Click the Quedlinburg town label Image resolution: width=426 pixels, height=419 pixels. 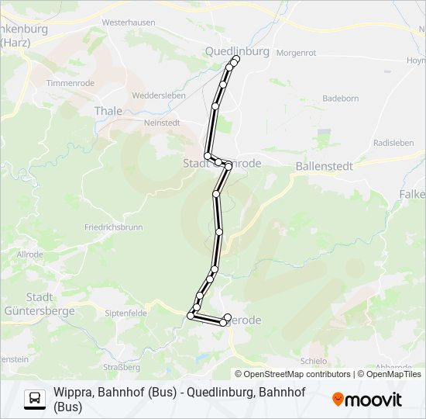coord(237,51)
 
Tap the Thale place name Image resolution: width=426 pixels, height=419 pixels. coord(108,111)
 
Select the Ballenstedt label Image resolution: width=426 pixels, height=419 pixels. coord(324,166)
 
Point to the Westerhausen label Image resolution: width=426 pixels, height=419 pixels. coord(129,23)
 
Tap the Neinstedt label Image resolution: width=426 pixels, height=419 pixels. coord(162,123)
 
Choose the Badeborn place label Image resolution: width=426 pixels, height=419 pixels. coord(340,99)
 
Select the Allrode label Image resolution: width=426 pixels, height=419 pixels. coord(30,254)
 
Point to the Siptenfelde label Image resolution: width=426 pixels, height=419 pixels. coord(125,313)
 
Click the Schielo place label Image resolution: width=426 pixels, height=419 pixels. coord(312,362)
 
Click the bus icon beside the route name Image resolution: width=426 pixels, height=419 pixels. coord(35,399)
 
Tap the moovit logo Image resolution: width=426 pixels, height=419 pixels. coord(367,400)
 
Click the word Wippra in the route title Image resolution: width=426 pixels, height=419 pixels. coord(73,393)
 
